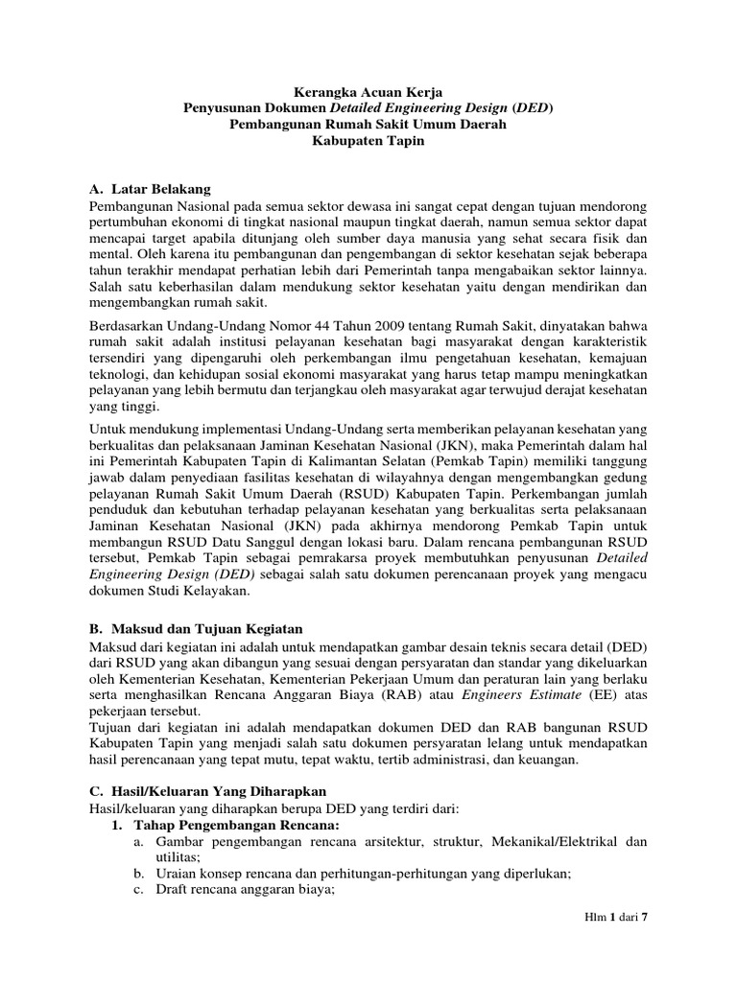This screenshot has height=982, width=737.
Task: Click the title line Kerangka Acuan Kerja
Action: tap(369, 90)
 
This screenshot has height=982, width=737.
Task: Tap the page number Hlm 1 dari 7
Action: tap(617, 917)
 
